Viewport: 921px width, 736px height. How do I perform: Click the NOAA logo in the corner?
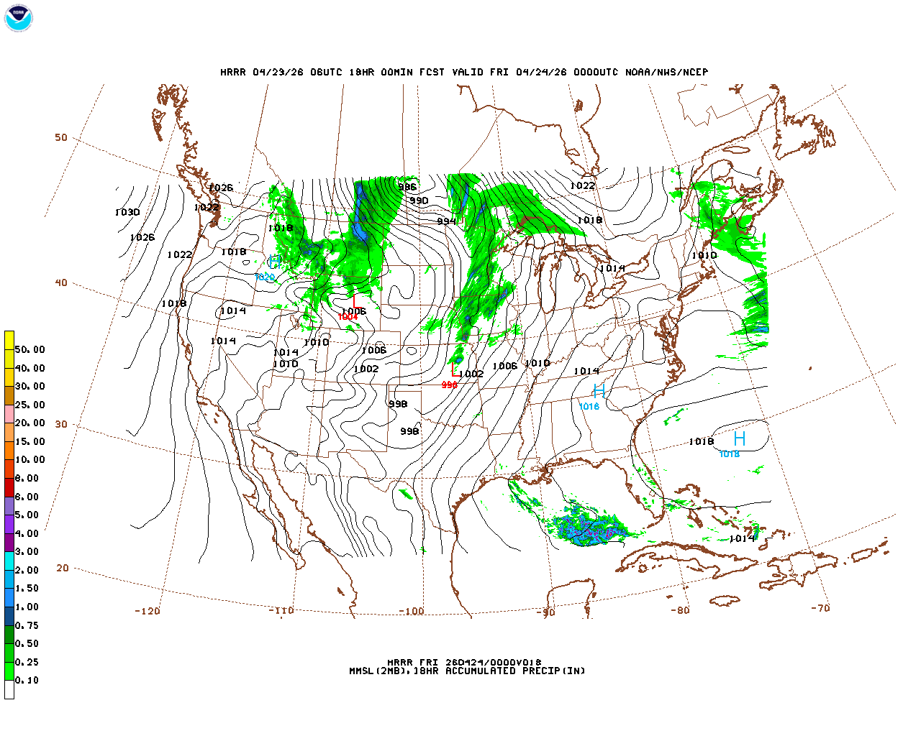click(x=19, y=19)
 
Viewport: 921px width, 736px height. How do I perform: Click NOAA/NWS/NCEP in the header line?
click(x=666, y=72)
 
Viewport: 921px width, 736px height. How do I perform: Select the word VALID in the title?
click(x=468, y=72)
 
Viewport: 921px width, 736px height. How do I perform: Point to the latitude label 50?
click(x=61, y=137)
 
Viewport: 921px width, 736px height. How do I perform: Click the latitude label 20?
click(x=63, y=568)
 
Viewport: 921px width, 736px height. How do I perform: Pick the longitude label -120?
click(x=148, y=611)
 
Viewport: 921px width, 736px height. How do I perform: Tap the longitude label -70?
click(x=820, y=608)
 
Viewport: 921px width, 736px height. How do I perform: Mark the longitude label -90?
click(x=546, y=612)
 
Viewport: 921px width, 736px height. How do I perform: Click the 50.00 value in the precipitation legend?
click(x=30, y=349)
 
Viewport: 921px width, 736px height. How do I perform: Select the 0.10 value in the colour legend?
click(x=27, y=680)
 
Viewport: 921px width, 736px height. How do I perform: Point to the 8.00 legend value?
click(x=27, y=478)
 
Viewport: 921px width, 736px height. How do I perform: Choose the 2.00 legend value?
click(x=27, y=570)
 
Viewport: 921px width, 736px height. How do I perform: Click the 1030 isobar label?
click(x=127, y=212)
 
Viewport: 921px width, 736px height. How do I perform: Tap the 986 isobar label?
click(x=407, y=188)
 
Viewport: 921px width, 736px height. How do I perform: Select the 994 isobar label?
click(x=447, y=221)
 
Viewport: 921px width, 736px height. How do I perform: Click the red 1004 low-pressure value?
click(x=348, y=317)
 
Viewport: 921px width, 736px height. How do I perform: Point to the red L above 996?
click(x=453, y=369)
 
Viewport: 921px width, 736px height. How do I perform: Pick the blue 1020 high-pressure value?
click(x=265, y=277)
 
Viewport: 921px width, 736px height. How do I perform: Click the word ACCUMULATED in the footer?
click(x=481, y=671)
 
